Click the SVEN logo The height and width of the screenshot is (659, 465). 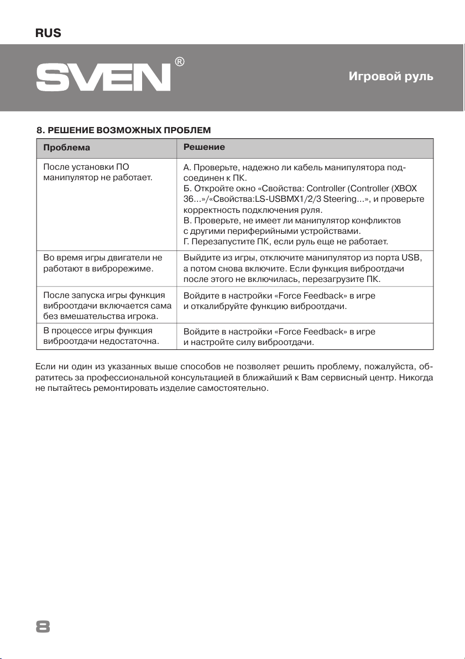tap(103, 77)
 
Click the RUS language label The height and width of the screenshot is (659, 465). tap(48, 34)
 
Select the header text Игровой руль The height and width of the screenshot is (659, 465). tap(391, 77)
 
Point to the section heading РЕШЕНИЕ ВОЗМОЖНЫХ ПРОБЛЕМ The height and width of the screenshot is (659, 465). tap(123, 130)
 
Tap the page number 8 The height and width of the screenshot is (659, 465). tap(43, 626)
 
